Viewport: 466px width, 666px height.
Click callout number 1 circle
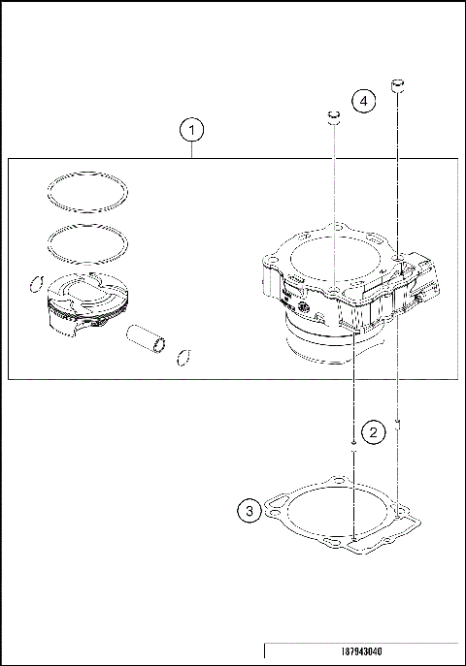192,129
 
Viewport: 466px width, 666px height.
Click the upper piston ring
87,192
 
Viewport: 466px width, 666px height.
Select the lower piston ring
87,244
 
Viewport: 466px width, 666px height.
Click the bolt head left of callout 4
333,120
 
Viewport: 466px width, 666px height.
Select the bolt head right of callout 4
396,88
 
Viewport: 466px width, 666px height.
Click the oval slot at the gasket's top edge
338,480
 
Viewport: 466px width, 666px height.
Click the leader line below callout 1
192,150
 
